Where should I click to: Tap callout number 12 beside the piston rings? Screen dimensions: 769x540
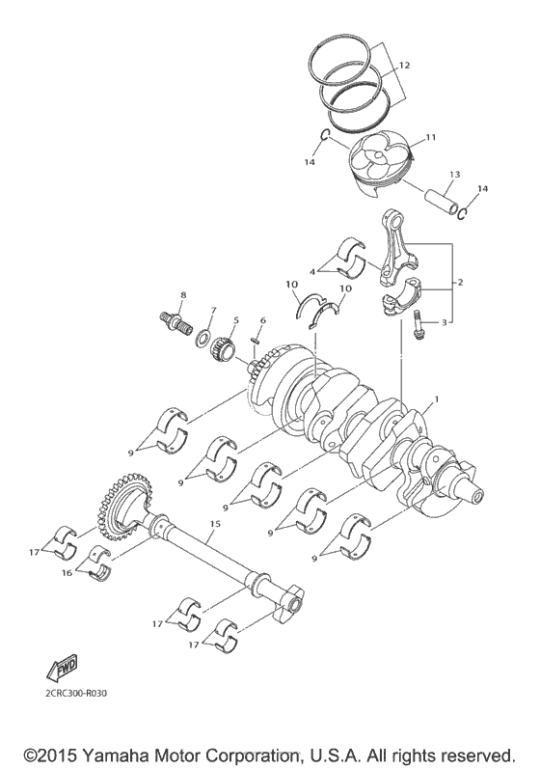click(x=403, y=65)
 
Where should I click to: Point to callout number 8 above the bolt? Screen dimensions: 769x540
click(x=182, y=293)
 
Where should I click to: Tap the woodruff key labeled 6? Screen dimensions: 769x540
click(x=257, y=339)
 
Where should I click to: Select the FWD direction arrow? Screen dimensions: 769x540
click(x=61, y=667)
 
